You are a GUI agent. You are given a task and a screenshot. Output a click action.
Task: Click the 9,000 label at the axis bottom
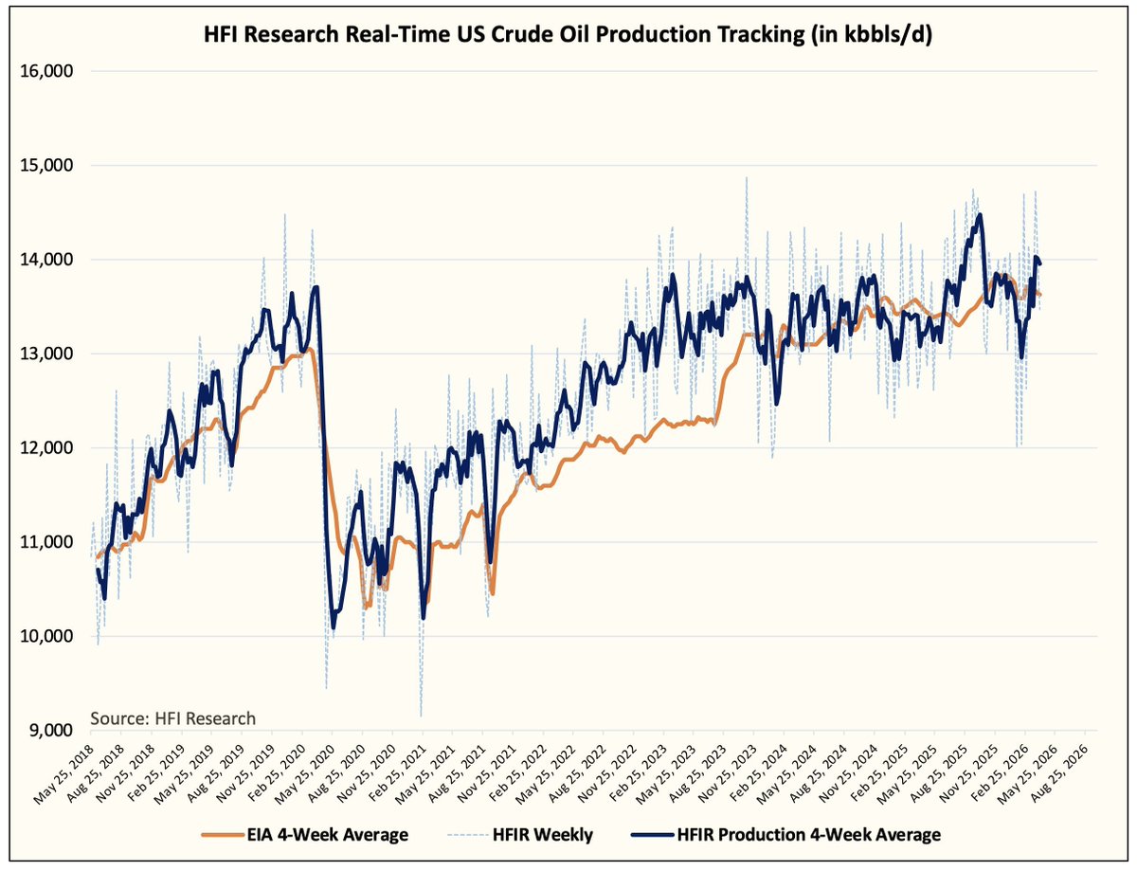(53, 730)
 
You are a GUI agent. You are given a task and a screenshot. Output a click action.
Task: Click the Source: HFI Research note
(172, 717)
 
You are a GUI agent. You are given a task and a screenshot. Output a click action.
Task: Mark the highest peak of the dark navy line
(979, 215)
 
